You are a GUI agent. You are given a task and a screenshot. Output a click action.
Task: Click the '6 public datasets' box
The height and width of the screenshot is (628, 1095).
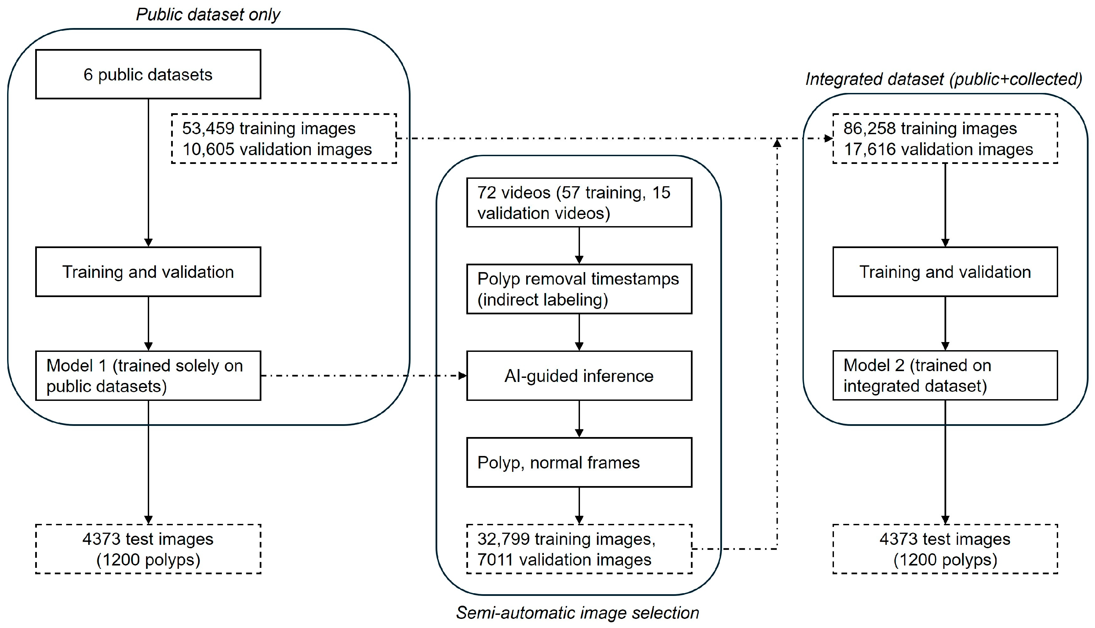(148, 74)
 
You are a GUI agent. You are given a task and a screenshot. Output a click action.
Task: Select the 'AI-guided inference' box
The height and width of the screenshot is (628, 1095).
(579, 376)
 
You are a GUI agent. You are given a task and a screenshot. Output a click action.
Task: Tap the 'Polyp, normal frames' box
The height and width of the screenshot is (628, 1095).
(579, 462)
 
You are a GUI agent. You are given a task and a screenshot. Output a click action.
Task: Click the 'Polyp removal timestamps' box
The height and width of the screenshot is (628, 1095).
(579, 289)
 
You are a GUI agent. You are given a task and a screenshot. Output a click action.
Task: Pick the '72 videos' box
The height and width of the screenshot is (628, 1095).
(579, 202)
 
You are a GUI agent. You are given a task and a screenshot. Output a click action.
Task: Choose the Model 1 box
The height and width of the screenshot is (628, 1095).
(148, 376)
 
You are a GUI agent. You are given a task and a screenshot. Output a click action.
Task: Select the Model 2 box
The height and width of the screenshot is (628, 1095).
(945, 375)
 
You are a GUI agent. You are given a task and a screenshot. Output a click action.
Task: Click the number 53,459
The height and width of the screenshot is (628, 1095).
(208, 128)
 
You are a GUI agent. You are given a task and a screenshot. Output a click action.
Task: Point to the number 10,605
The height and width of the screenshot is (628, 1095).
(208, 149)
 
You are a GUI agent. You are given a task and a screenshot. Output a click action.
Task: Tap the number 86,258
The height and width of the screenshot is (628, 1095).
(870, 128)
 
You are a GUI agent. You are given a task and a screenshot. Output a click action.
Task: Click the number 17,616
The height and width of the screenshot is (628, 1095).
(870, 149)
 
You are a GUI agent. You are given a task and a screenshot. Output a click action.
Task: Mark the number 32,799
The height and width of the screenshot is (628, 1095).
(504, 539)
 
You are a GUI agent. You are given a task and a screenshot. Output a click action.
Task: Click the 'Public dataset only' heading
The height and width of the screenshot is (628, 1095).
(208, 15)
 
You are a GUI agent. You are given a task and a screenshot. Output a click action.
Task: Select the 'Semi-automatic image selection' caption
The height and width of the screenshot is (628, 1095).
(578, 613)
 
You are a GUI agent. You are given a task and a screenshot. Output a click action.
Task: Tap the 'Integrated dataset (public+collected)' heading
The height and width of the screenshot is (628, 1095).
(944, 79)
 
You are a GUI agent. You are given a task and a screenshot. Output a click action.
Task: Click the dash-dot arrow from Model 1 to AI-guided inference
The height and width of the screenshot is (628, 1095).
(364, 376)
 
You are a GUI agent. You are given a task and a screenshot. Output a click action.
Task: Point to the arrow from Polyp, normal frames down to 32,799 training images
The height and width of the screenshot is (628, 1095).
(579, 506)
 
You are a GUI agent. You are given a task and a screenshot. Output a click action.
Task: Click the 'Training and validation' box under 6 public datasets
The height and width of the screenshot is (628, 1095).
(148, 272)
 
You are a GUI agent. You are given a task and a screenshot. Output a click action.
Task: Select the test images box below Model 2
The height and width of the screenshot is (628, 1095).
(945, 549)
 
